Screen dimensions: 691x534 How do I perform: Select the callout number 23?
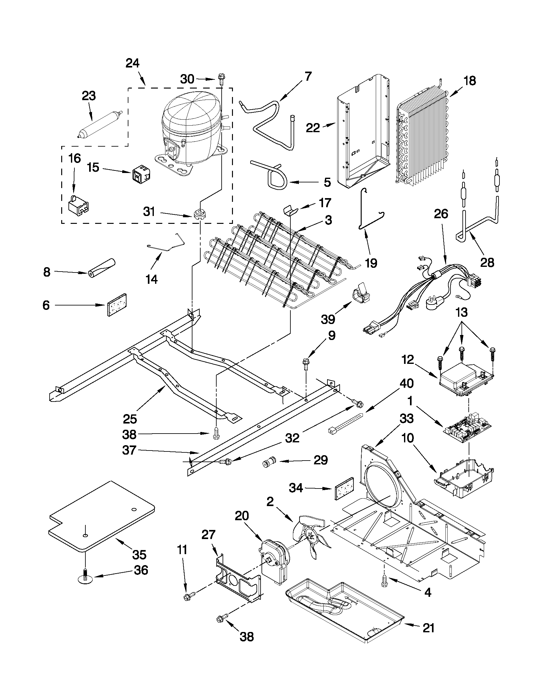point(89,96)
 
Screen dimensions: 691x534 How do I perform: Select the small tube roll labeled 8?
point(101,268)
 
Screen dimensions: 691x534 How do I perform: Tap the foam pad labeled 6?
point(117,304)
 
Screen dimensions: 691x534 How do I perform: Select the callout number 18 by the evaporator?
point(469,81)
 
